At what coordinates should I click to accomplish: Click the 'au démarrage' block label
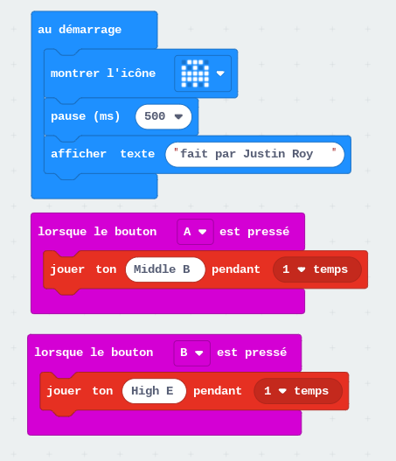click(x=80, y=30)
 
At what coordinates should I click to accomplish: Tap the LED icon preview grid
click(x=195, y=73)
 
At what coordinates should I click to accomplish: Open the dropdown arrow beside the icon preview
click(x=220, y=73)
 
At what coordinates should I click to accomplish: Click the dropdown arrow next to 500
click(x=178, y=116)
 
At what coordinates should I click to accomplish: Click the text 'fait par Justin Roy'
click(x=247, y=154)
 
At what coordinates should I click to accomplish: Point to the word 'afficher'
click(x=79, y=154)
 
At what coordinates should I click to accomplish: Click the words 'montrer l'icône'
click(x=103, y=73)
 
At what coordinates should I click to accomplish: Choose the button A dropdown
click(x=195, y=232)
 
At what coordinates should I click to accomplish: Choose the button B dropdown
click(x=191, y=353)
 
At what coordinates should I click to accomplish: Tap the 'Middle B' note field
click(x=165, y=269)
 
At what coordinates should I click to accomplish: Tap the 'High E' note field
click(x=154, y=391)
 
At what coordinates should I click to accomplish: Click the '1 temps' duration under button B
click(x=298, y=391)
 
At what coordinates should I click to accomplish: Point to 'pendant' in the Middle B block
click(x=236, y=269)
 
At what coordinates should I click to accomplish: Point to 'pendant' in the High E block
click(x=218, y=391)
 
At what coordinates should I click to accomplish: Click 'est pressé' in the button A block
click(x=254, y=232)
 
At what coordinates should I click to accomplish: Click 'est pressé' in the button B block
click(x=252, y=353)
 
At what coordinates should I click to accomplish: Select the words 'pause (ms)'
click(x=86, y=116)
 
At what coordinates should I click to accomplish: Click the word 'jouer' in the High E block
click(x=64, y=391)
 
